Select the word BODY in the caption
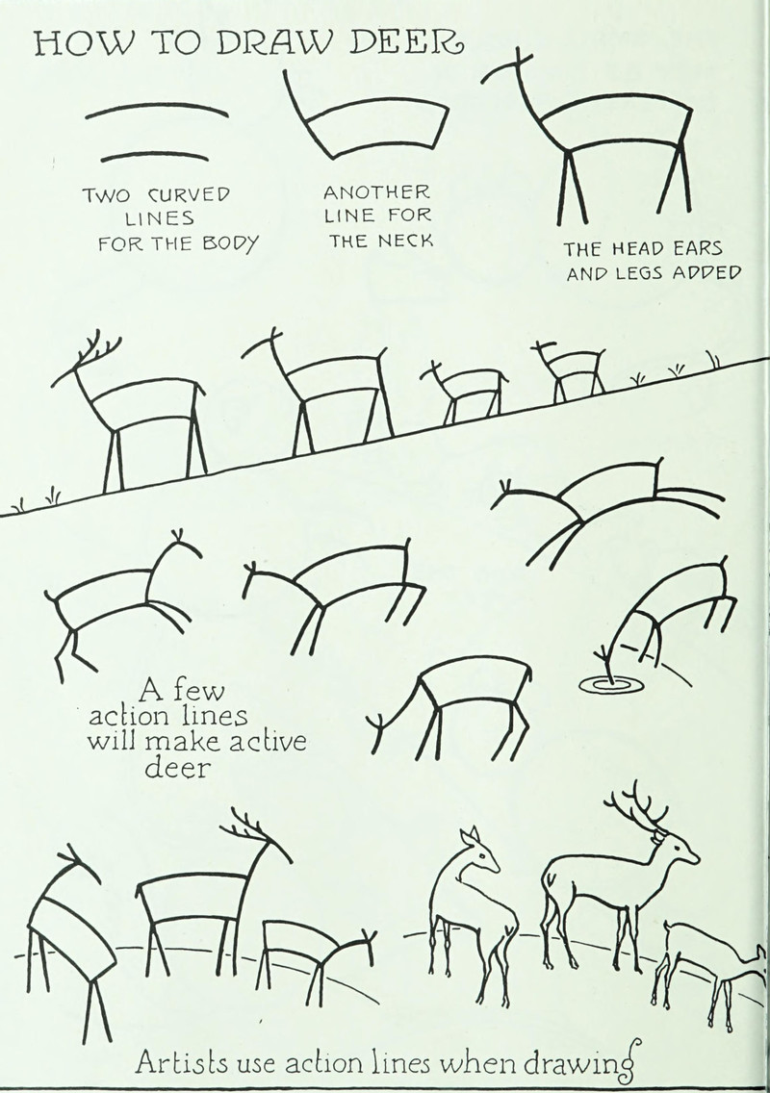click(x=231, y=244)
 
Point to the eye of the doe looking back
click(x=480, y=851)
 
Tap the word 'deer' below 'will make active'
click(x=176, y=768)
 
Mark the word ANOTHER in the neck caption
click(x=376, y=191)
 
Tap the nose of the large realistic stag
click(x=695, y=858)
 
